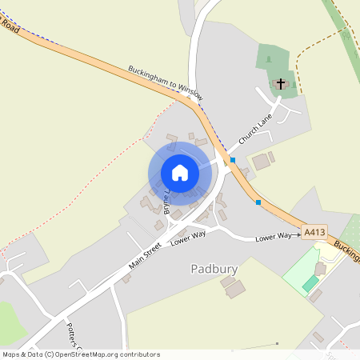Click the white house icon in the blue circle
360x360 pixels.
pyautogui.click(x=180, y=173)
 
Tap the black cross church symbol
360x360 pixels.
pyautogui.click(x=281, y=82)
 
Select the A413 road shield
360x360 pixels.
pyautogui.click(x=314, y=233)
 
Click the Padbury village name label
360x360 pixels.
pyautogui.click(x=214, y=269)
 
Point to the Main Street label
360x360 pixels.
pyautogui.click(x=146, y=257)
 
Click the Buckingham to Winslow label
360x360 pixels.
pyautogui.click(x=166, y=82)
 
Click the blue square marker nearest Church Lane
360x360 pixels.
pyautogui.click(x=233, y=160)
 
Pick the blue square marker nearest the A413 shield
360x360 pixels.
pyautogui.click(x=258, y=202)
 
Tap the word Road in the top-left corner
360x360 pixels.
pyautogui.click(x=10, y=26)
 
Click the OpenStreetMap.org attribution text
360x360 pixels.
pyautogui.click(x=104, y=354)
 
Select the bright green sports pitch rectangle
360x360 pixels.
pyautogui.click(x=310, y=284)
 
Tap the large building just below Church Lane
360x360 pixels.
pyautogui.click(x=261, y=162)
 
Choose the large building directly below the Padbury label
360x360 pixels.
pyautogui.click(x=234, y=289)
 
